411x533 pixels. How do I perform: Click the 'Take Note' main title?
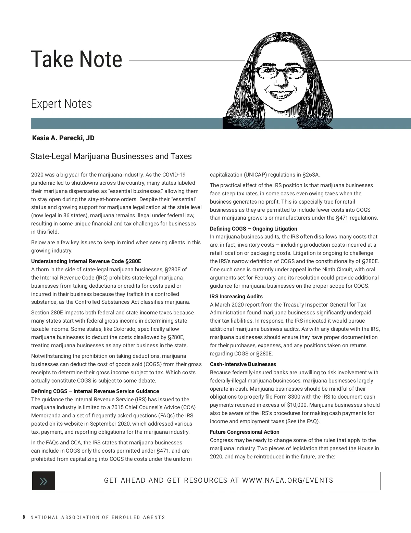click(x=76, y=59)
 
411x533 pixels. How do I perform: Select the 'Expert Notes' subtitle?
click(x=61, y=104)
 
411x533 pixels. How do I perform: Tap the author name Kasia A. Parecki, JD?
click(x=63, y=138)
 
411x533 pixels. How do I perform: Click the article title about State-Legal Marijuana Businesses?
click(x=111, y=156)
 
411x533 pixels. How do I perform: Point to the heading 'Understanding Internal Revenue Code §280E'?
click(x=86, y=261)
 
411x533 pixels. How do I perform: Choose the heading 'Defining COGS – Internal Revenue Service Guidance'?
click(x=95, y=391)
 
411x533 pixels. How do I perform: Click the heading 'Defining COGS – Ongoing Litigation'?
click(x=253, y=229)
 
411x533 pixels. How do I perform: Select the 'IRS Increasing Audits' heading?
click(x=236, y=296)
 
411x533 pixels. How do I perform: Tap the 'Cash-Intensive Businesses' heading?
click(x=243, y=364)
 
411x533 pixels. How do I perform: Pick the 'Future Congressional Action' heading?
click(x=245, y=432)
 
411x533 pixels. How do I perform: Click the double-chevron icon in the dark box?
click(x=43, y=481)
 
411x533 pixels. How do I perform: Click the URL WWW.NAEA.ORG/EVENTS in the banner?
click(x=288, y=480)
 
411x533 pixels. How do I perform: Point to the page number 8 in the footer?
click(x=24, y=517)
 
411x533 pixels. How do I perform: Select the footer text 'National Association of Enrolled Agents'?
click(x=98, y=517)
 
